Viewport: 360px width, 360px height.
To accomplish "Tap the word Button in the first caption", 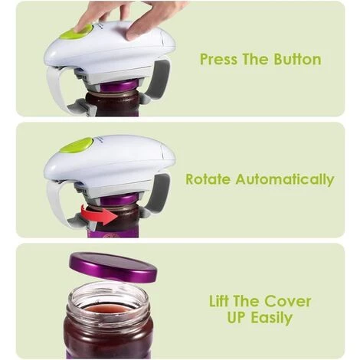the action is click(297, 59).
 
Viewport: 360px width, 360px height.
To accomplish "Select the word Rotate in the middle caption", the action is click(208, 179).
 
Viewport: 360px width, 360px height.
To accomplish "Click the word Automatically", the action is click(285, 180).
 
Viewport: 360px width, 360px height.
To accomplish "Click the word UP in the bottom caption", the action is click(237, 317).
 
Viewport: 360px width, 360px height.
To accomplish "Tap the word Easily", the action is click(271, 318).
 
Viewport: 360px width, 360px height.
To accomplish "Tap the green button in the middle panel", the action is click(78, 146).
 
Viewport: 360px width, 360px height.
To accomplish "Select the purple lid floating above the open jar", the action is click(113, 267).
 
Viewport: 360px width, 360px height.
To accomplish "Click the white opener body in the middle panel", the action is click(110, 161).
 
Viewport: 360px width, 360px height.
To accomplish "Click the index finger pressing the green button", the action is click(88, 15).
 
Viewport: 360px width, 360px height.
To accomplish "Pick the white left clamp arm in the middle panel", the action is click(55, 201).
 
